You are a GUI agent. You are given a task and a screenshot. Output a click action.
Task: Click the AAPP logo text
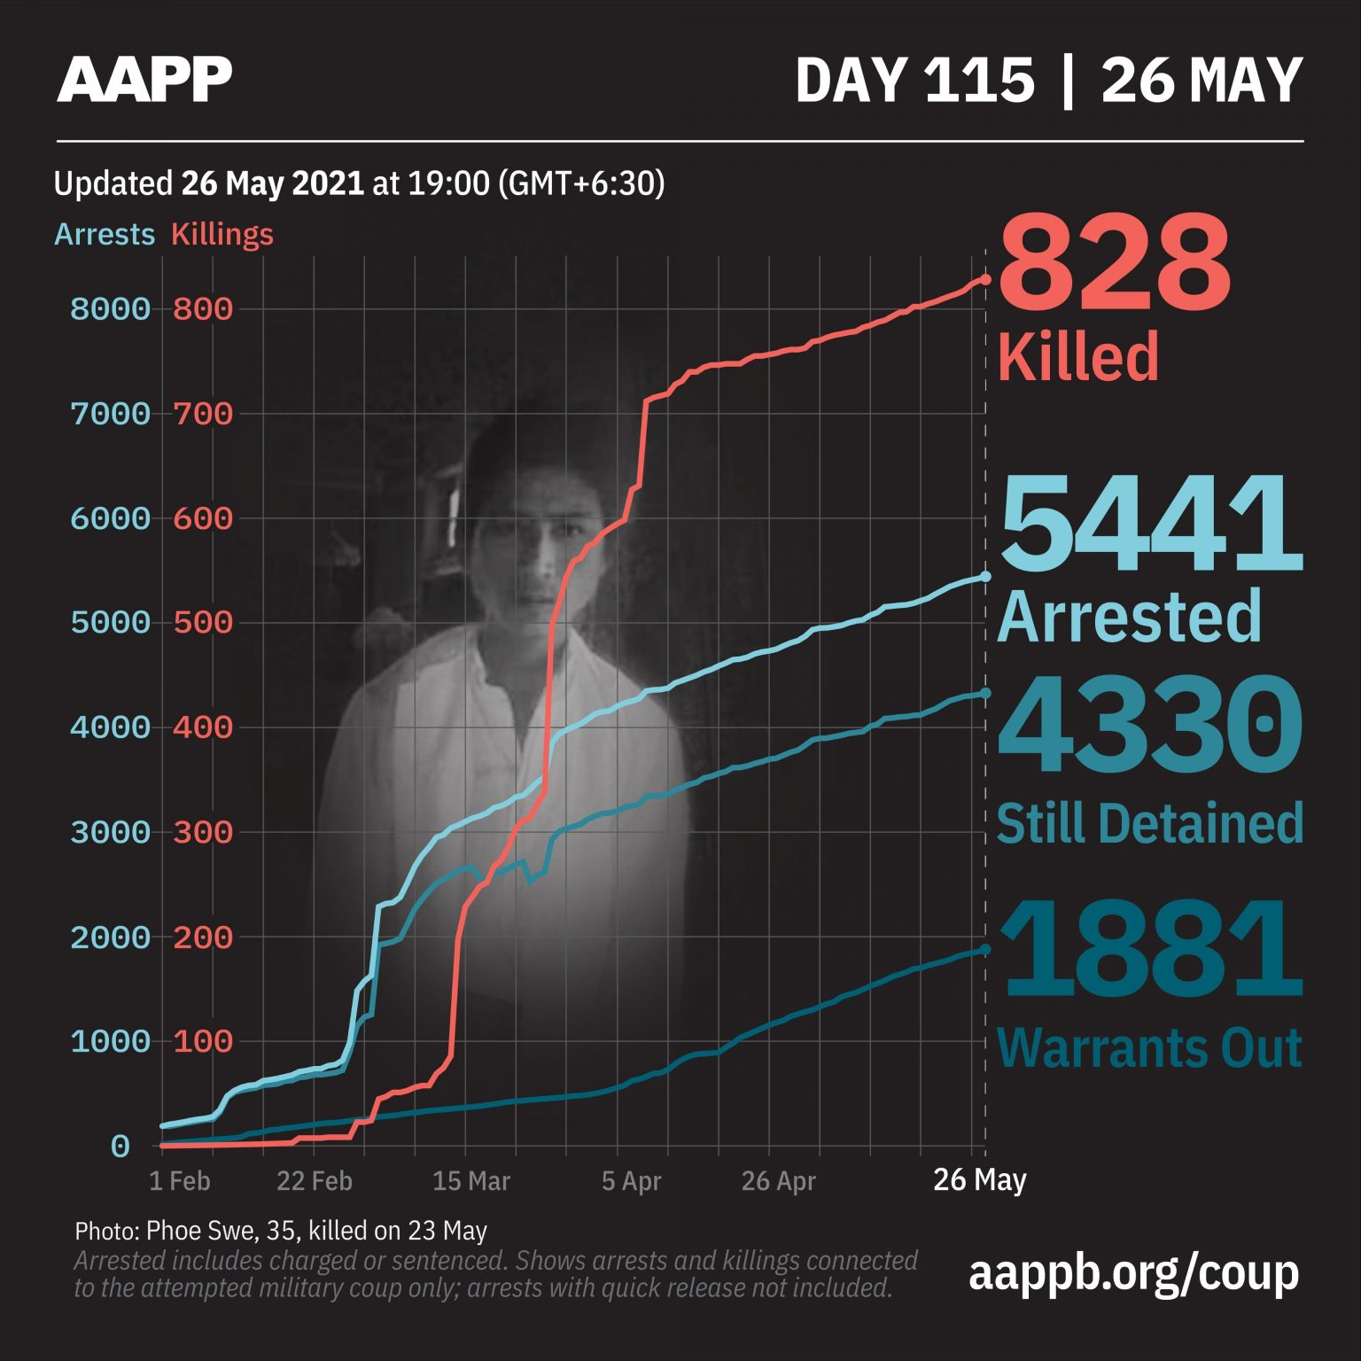coord(144,79)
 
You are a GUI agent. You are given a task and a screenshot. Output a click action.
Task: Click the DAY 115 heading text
coord(914,80)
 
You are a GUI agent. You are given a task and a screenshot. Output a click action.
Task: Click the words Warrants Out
coord(1149,1048)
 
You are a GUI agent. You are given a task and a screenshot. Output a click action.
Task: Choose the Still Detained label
coord(1149,823)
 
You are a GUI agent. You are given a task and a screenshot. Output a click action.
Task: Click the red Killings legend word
coord(222,235)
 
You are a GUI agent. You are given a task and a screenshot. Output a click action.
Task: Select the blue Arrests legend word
coord(105,235)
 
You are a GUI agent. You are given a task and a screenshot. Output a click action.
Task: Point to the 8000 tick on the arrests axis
coord(111,309)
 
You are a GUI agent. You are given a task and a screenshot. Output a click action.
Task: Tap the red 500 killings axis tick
coord(203,623)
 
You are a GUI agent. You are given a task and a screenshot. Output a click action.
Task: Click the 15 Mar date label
coord(471,1181)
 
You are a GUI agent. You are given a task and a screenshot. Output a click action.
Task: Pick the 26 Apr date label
coord(778,1181)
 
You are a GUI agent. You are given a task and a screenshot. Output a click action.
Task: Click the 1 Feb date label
coord(179,1181)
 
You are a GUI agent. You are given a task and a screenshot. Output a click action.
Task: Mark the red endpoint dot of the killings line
coord(984,279)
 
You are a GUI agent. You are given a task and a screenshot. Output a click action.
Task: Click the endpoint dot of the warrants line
coord(984,950)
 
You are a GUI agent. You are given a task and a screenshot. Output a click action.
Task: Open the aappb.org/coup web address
coord(1133,1273)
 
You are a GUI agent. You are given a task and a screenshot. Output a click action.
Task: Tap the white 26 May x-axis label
coord(979,1179)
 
